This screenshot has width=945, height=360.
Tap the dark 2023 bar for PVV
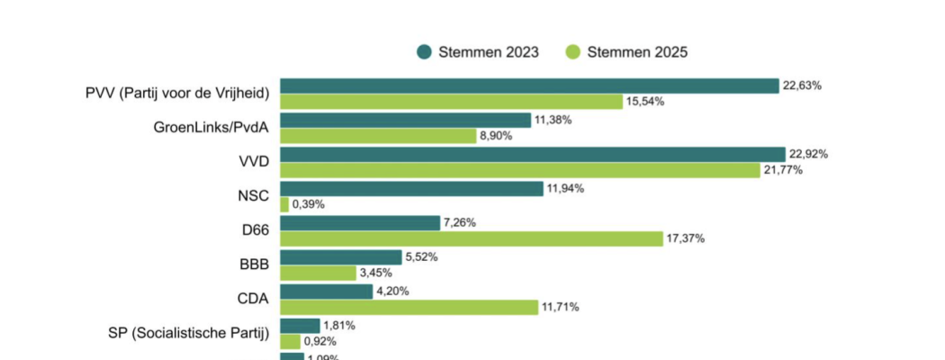pyautogui.click(x=529, y=85)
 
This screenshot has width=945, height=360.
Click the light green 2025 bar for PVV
pyautogui.click(x=451, y=102)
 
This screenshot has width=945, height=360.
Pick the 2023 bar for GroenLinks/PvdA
pyautogui.click(x=405, y=120)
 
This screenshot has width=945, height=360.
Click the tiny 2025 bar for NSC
pyautogui.click(x=284, y=204)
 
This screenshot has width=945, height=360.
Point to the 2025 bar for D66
pyautogui.click(x=472, y=238)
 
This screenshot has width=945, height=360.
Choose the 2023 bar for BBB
pyautogui.click(x=340, y=256)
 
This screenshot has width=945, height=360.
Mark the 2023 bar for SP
pyautogui.click(x=300, y=325)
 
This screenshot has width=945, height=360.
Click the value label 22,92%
pyautogui.click(x=808, y=154)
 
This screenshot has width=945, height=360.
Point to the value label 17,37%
pyautogui.click(x=686, y=238)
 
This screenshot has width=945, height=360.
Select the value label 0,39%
pyautogui.click(x=308, y=204)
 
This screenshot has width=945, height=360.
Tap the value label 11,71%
pyautogui.click(x=561, y=307)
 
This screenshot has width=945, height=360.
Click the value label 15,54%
pyautogui.click(x=645, y=102)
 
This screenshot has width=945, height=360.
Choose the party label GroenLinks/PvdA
pyautogui.click(x=211, y=128)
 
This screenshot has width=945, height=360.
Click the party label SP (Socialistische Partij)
pyautogui.click(x=186, y=333)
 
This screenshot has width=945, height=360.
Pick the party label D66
pyautogui.click(x=256, y=230)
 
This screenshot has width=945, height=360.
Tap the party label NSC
pyautogui.click(x=253, y=196)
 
